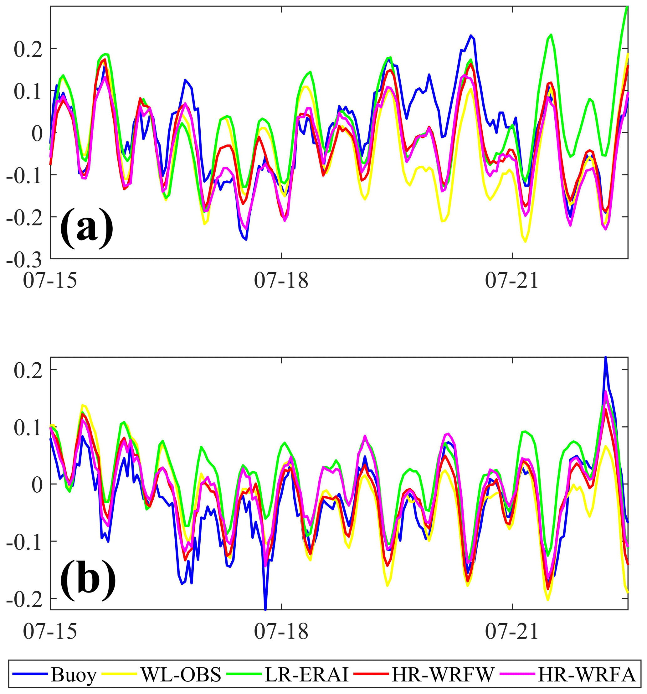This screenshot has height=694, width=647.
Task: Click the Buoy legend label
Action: point(73,675)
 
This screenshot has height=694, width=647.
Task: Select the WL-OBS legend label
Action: point(181,675)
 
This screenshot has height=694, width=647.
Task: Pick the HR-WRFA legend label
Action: point(587,675)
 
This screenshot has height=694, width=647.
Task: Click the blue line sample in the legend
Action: point(31,675)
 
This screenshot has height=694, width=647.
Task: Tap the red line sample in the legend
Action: point(371,675)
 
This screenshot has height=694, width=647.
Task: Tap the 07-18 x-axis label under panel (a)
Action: point(281,281)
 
